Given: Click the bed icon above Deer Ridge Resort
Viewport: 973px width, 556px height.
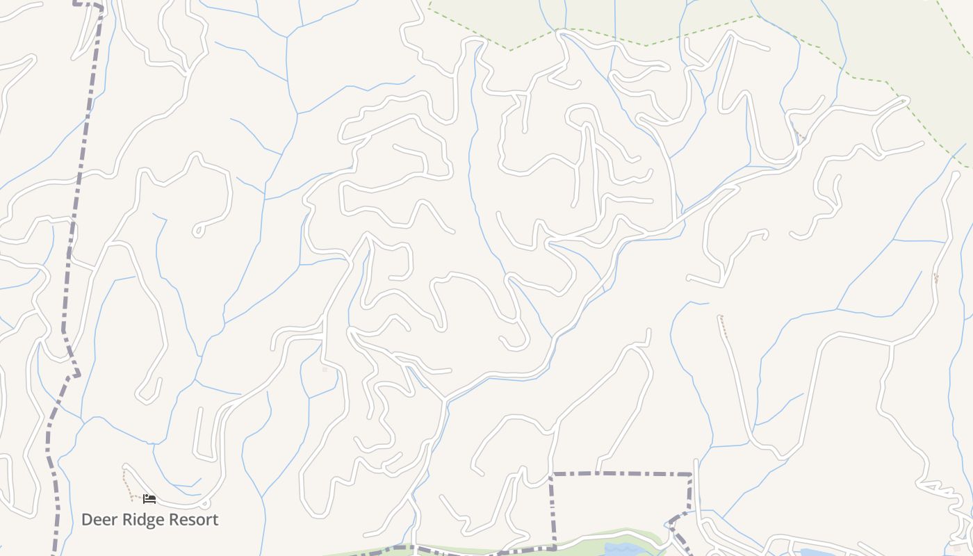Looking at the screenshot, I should (149, 498).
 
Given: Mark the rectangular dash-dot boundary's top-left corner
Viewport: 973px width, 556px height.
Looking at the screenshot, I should (553, 475).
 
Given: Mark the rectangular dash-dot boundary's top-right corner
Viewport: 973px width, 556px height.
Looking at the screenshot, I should (692, 475).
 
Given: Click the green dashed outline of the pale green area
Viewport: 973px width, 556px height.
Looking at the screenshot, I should (646, 45).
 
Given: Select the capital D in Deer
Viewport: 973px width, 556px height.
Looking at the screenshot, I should (87, 520).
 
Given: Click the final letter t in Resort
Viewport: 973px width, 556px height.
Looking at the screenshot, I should (215, 520).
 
